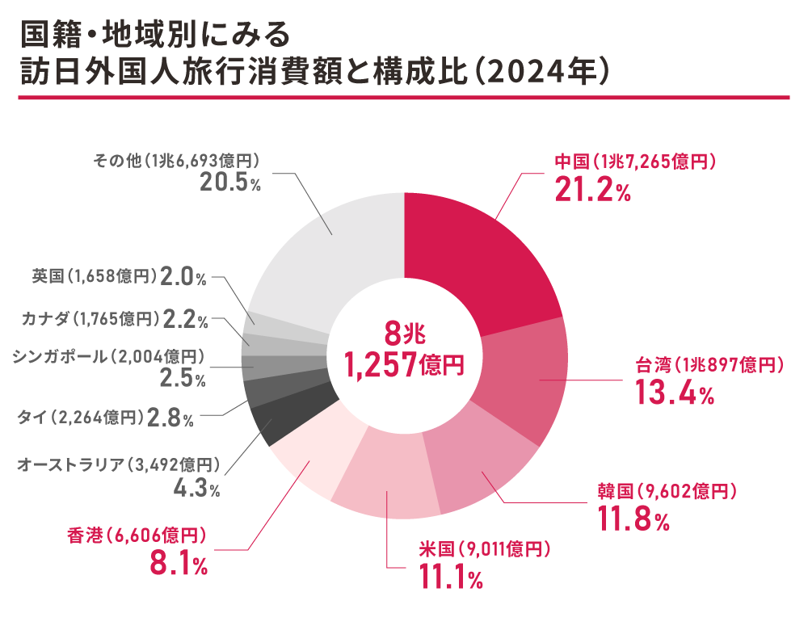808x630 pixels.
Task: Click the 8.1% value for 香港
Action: pos(179,564)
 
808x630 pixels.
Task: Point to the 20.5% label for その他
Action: pos(230,183)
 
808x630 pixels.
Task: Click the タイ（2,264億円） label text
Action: pos(81,418)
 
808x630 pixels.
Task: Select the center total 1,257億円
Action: pos(404,364)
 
